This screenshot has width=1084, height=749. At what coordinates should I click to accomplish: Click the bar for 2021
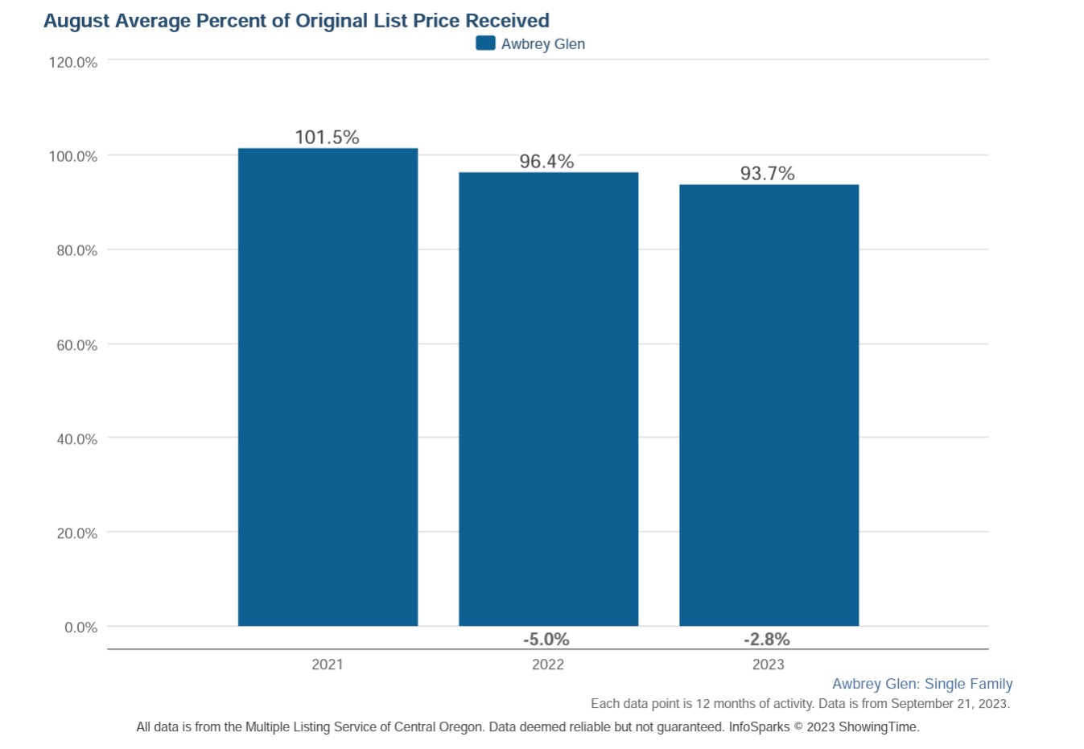click(328, 386)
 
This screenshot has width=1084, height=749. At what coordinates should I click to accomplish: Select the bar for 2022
click(548, 399)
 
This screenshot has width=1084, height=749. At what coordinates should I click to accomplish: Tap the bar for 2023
click(769, 405)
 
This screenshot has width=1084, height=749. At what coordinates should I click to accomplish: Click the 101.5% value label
click(327, 138)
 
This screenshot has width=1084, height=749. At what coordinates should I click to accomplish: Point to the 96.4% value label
click(546, 162)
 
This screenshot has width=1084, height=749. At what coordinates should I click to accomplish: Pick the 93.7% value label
click(767, 174)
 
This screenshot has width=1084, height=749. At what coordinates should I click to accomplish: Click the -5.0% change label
click(546, 640)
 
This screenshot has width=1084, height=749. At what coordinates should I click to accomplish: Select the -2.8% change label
click(767, 640)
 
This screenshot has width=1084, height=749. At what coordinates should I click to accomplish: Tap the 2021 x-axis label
click(328, 665)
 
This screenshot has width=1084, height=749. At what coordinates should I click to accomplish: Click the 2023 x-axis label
click(769, 665)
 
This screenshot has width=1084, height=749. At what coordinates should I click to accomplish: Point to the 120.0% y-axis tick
click(73, 63)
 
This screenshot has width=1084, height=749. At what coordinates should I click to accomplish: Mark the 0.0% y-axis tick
click(81, 628)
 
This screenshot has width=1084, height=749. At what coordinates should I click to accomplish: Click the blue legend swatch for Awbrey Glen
click(485, 43)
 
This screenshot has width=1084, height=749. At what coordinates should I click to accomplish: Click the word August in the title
click(77, 22)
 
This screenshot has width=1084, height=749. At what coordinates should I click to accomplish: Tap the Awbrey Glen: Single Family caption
click(922, 684)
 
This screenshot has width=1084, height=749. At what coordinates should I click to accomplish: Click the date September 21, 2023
click(950, 704)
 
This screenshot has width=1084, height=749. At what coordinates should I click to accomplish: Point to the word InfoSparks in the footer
click(759, 727)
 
